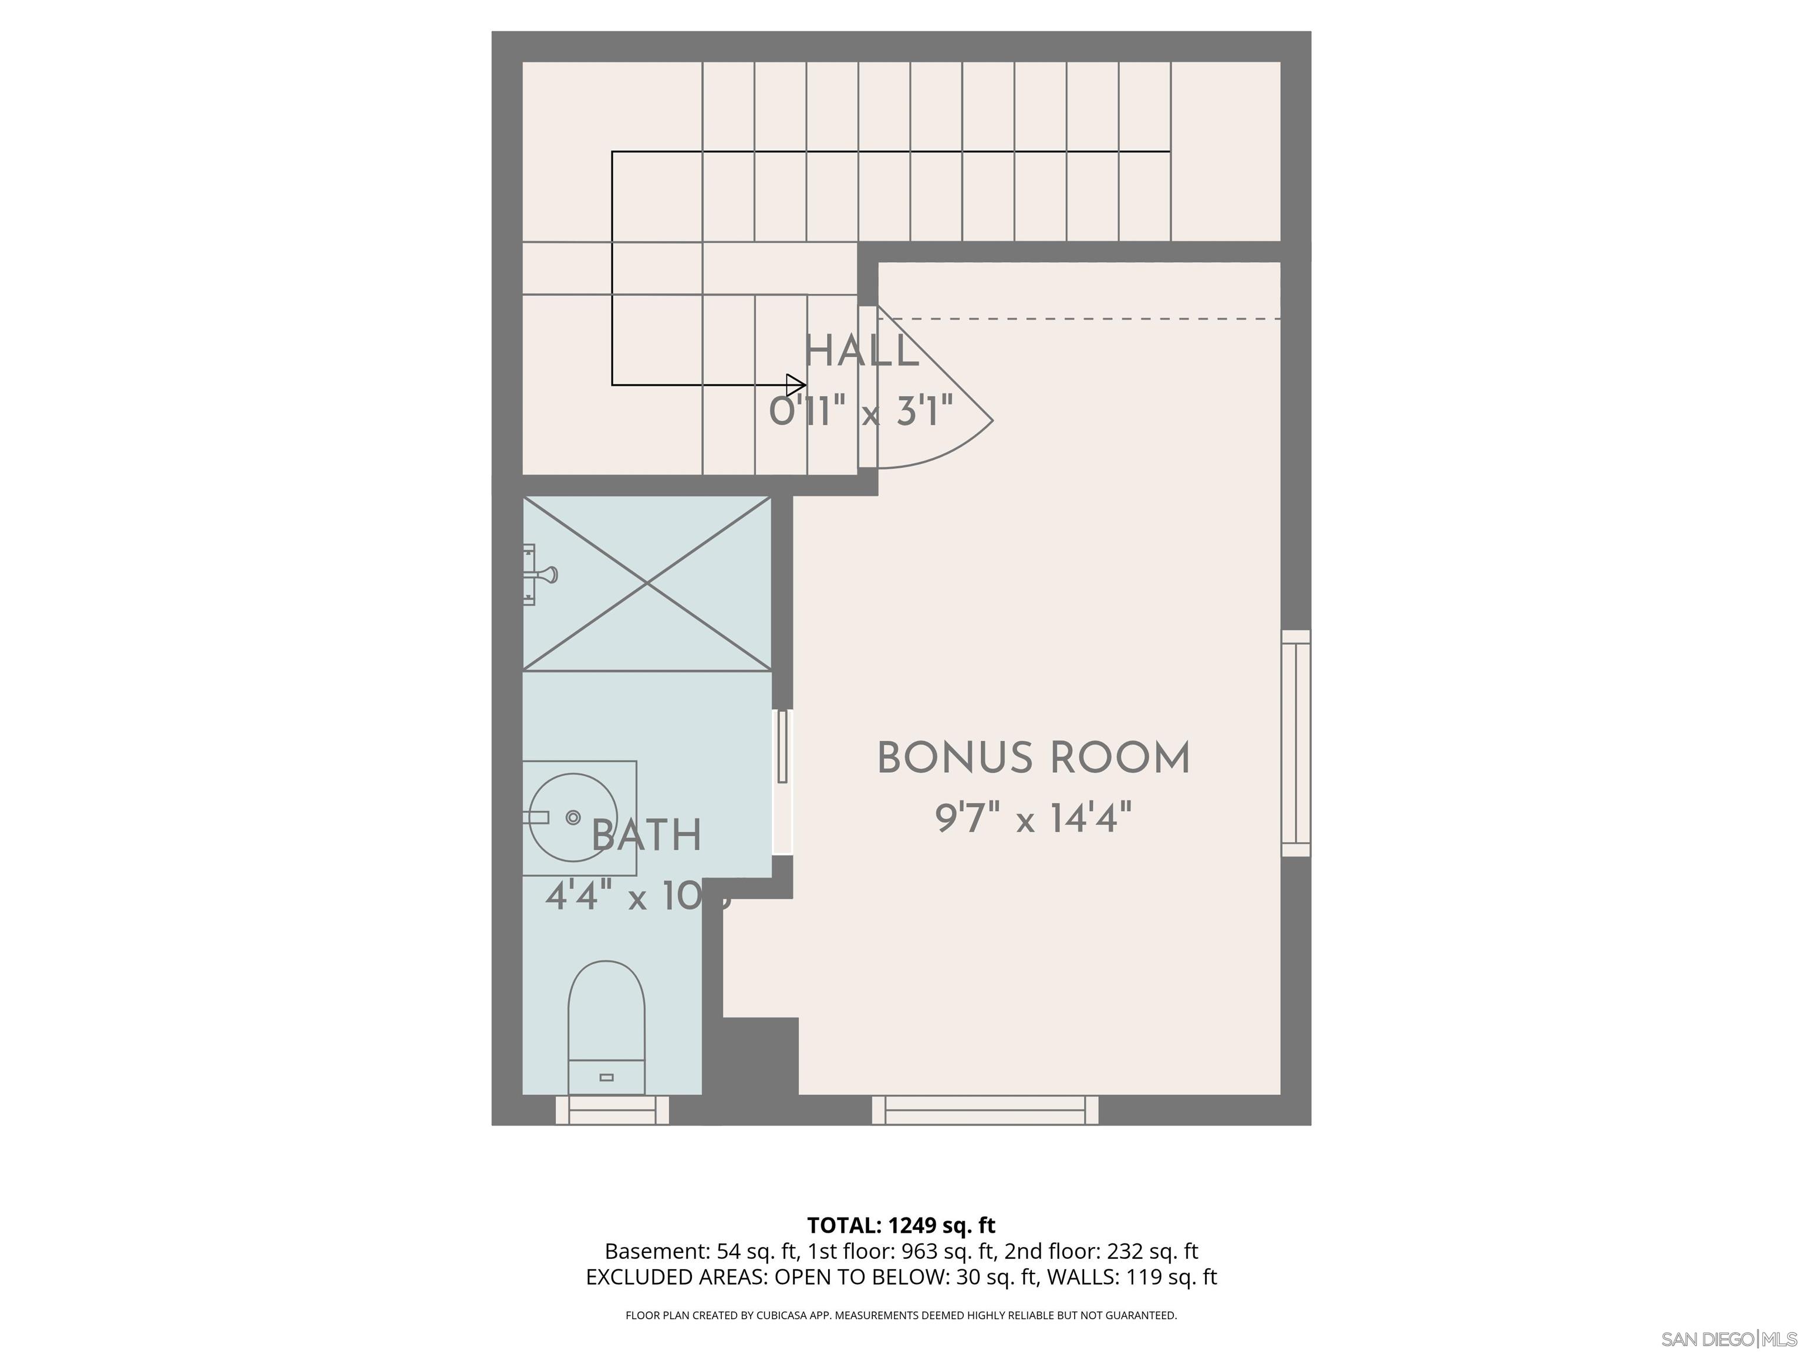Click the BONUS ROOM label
(x=1033, y=758)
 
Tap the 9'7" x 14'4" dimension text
(x=1033, y=817)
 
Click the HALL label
(x=861, y=352)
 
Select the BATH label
(x=646, y=836)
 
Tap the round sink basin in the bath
(x=573, y=817)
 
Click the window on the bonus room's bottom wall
(x=985, y=1110)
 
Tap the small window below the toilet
(x=612, y=1110)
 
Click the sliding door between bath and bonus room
(x=782, y=780)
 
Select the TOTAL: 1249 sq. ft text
(x=901, y=1225)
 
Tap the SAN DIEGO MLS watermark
(x=1728, y=1339)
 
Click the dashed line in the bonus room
(x=1084, y=319)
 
